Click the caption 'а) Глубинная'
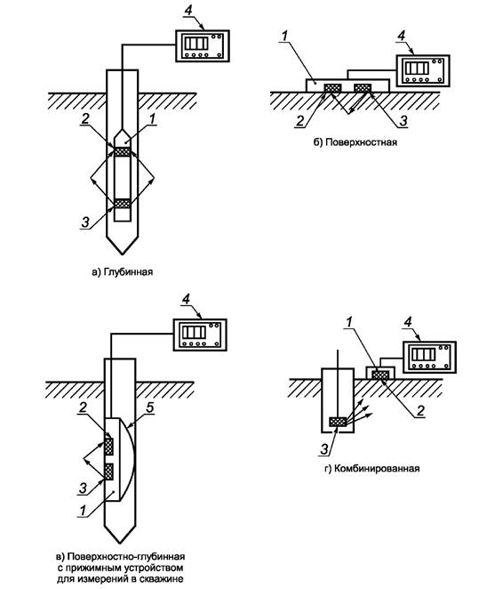tap(123, 272)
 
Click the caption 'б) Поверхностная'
tap(355, 142)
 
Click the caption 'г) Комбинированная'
tap(371, 469)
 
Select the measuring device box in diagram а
tap(203, 45)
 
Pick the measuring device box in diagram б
tap(423, 70)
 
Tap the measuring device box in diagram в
tap(200, 335)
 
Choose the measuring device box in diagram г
tap(429, 357)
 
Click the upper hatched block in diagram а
tap(123, 152)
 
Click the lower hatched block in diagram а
tap(123, 203)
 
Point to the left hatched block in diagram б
tap(332, 87)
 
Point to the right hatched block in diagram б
tap(363, 87)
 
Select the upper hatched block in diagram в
tap(108, 446)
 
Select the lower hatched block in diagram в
tap(108, 472)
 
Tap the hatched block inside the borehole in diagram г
tap(338, 422)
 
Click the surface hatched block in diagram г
tap(380, 375)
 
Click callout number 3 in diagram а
tap(85, 222)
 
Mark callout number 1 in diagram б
tap(284, 36)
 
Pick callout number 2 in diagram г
tap(420, 410)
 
